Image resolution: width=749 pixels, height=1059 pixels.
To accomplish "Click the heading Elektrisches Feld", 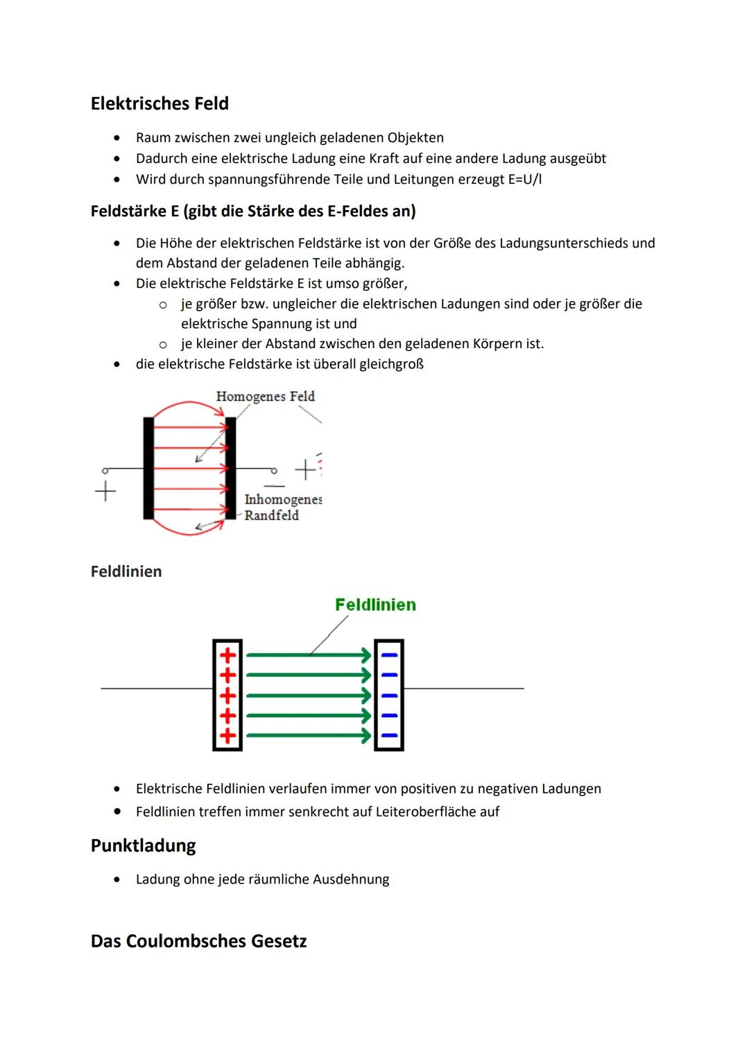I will coord(160,103).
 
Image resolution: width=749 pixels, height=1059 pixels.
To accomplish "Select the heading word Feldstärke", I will coord(128,211).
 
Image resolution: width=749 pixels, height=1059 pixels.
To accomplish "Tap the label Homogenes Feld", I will coord(265,396).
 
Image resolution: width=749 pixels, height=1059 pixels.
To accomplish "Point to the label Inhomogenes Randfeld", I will coord(282,507).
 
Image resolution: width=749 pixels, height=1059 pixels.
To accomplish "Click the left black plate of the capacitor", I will coord(148,468).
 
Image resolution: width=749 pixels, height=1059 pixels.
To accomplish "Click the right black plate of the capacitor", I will coord(231,468).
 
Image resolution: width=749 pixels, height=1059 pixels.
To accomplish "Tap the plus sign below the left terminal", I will coord(105,491).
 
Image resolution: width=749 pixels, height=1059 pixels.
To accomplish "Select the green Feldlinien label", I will coord(375,605).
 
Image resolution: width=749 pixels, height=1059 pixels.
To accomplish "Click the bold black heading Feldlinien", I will coord(126,571).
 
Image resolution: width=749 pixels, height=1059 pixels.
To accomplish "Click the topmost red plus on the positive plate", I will coord(227,655).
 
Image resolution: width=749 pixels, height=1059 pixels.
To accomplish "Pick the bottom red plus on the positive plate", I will coord(227,736).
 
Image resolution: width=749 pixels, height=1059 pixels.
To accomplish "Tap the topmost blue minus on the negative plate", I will coord(389,655).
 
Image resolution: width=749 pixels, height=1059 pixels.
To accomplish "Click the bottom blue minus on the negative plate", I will coord(389,736).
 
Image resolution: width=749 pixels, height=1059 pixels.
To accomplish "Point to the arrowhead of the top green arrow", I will coord(366,655).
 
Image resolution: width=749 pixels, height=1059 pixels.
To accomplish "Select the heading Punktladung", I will coord(143,845).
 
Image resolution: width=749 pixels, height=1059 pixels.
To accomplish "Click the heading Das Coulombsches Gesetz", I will coord(198,941).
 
